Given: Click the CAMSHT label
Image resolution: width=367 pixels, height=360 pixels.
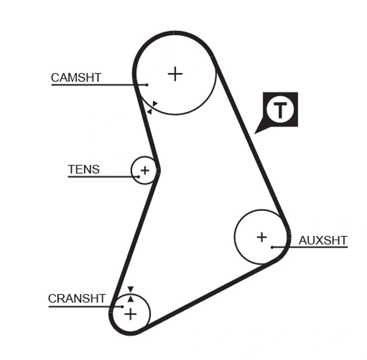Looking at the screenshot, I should click(76, 78).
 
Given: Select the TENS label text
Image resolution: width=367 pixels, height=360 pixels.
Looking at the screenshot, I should click(84, 169).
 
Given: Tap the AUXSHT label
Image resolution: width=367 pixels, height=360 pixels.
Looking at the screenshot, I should click(323, 240).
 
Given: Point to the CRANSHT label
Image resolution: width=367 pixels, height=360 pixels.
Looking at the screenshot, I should click(77, 299).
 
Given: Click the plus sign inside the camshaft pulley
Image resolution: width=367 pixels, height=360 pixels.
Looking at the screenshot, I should click(176, 74).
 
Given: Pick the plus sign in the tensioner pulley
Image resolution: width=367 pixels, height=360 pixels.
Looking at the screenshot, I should click(145, 170).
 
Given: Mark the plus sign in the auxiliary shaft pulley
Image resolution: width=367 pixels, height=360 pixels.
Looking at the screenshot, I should click(262, 237).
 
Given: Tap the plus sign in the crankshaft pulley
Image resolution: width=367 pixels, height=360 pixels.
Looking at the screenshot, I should click(130, 314).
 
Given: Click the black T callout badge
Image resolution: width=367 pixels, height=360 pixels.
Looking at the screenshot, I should click(280, 110).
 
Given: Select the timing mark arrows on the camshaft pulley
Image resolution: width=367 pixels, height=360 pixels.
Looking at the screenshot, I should click(152, 108).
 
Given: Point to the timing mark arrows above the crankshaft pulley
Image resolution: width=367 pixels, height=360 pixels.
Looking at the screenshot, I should click(130, 293).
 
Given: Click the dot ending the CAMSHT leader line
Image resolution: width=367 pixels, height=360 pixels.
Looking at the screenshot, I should click(147, 84).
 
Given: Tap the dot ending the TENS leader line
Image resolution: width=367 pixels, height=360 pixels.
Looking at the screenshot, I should click(139, 177).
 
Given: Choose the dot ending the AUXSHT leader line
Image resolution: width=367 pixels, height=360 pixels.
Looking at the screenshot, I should click(272, 247).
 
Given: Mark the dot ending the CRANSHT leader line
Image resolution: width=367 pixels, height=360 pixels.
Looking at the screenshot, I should click(122, 306).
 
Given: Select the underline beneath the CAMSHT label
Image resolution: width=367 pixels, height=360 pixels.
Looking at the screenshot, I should click(92, 84).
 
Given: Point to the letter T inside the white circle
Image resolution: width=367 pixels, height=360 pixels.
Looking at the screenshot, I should click(280, 110).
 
